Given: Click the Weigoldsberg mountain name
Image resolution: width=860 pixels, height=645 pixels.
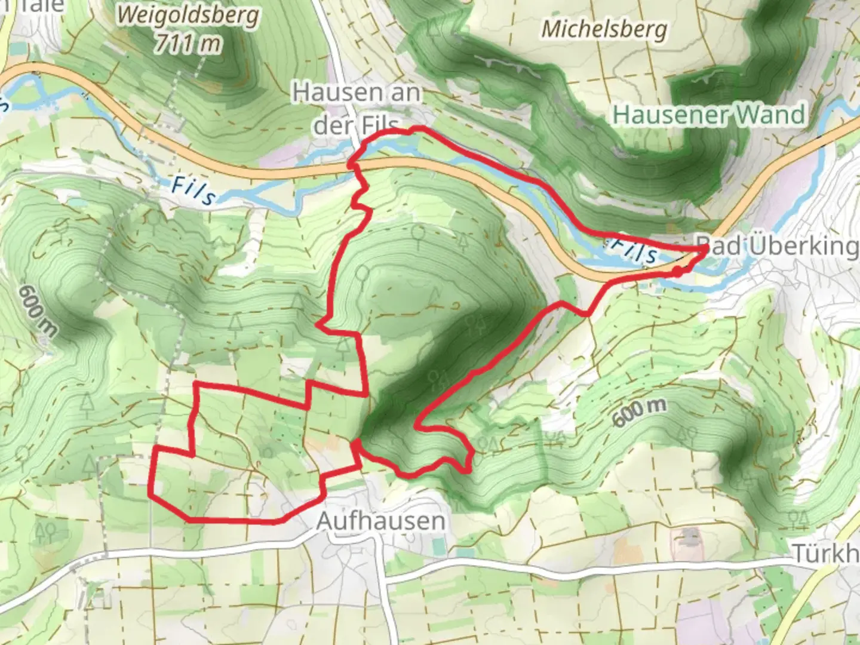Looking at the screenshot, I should pyautogui.click(x=188, y=16).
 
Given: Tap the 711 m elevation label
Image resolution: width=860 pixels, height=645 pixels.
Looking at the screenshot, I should pyautogui.click(x=187, y=43).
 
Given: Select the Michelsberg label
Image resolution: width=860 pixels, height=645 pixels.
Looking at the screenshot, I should pyautogui.click(x=604, y=29).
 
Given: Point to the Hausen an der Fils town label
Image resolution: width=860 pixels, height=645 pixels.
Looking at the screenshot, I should pyautogui.click(x=357, y=107).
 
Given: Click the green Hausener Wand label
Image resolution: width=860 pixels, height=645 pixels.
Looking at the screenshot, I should pyautogui.click(x=709, y=114).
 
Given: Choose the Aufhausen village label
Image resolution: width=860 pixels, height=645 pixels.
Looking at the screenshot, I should pyautogui.click(x=380, y=521).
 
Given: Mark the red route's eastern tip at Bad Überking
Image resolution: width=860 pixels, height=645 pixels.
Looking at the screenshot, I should pyautogui.click(x=705, y=248).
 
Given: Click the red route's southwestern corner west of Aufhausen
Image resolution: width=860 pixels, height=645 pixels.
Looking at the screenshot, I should pyautogui.click(x=150, y=493).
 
